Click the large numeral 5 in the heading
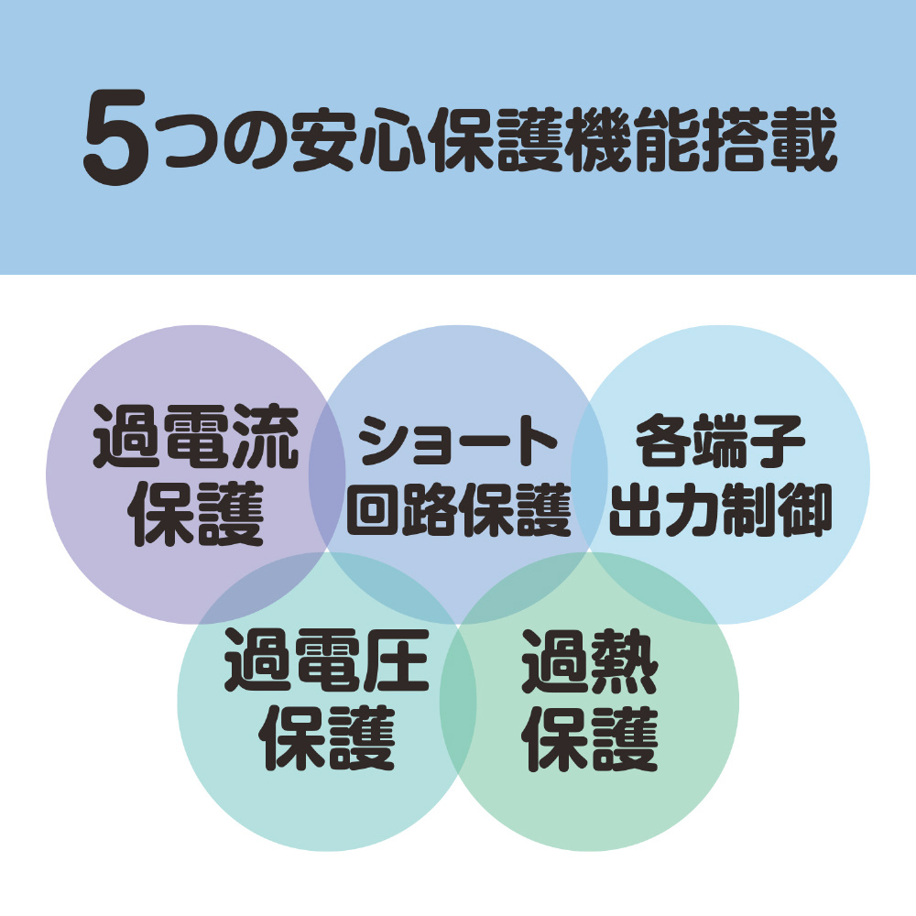114,138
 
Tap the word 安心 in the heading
357,140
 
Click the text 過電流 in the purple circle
196,436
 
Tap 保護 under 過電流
196,514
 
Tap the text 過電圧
327,660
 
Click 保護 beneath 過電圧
327,738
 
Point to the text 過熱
589,660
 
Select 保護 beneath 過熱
589,738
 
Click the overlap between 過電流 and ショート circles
327,474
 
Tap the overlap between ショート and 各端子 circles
589,474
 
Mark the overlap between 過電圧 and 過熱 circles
458,701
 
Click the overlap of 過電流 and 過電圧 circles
263,587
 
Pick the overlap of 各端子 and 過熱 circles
654,587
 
